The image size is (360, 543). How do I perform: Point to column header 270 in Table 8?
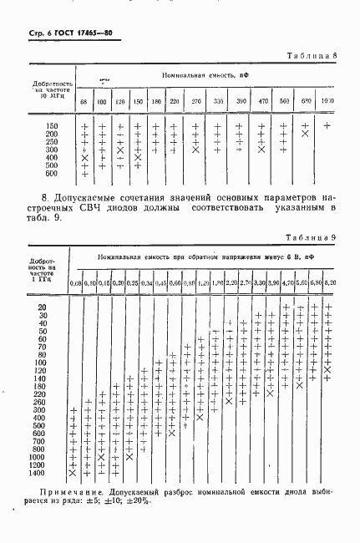(195, 101)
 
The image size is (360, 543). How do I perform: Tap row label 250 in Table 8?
(52, 142)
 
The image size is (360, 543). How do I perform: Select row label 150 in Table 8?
(52, 126)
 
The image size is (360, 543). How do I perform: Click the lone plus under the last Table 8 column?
(327, 126)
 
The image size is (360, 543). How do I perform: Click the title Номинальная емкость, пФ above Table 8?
(203, 75)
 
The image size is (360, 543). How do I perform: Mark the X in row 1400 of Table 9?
(73, 473)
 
